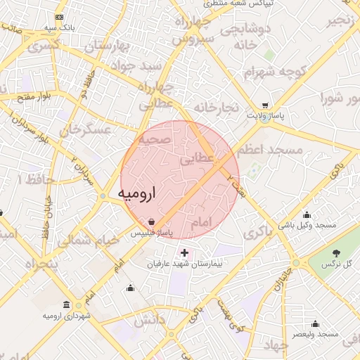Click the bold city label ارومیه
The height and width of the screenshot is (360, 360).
tap(134, 192)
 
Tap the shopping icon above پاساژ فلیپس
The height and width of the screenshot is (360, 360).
tap(153, 221)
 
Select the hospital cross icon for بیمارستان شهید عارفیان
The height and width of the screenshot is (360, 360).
tap(184, 252)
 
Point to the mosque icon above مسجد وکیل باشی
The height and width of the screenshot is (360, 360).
tap(307, 215)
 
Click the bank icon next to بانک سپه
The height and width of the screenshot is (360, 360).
tap(58, 16)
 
